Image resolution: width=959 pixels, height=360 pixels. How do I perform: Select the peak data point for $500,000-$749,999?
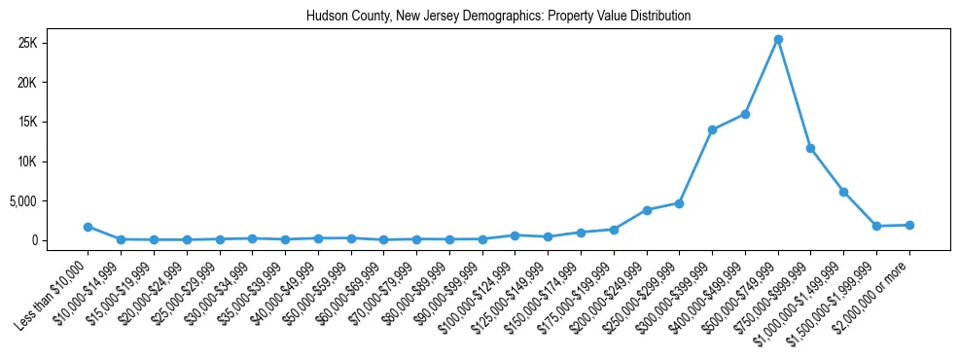click(x=778, y=40)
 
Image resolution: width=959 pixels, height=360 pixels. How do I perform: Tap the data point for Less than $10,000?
click(x=88, y=227)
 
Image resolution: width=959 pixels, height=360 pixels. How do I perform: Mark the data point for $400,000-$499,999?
click(x=745, y=114)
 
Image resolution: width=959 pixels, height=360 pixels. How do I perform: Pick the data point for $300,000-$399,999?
click(x=712, y=129)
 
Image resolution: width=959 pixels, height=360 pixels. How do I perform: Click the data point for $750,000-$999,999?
click(x=810, y=148)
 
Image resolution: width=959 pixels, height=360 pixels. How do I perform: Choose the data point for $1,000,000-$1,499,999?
click(x=843, y=192)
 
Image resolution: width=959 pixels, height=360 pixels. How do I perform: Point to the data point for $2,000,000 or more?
click(x=909, y=225)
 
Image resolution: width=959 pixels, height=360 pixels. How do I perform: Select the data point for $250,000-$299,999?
click(x=679, y=203)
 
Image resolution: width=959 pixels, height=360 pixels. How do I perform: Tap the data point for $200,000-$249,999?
click(x=647, y=210)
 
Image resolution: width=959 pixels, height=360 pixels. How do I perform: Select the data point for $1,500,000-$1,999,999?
click(x=876, y=226)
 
